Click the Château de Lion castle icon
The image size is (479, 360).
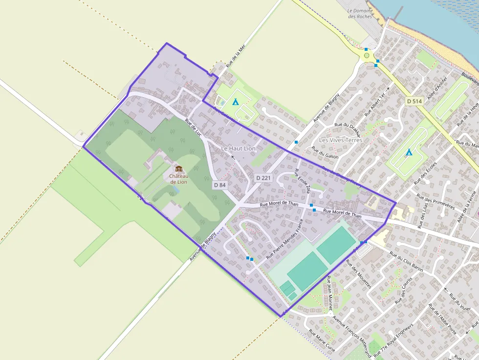(x=178, y=169)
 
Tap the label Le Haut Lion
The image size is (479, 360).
(x=238, y=148)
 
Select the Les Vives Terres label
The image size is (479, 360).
(x=341, y=140)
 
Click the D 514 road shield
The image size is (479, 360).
(x=414, y=101)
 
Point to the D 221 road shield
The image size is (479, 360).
(x=263, y=178)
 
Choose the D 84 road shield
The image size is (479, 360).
(x=219, y=185)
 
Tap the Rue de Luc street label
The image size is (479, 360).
(x=194, y=127)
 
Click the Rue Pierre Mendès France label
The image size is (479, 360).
(x=284, y=239)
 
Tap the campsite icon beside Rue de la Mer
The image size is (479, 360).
(x=235, y=102)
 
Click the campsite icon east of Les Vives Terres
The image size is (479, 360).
(x=409, y=152)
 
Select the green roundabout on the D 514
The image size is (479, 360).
(x=367, y=56)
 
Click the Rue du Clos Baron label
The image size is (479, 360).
(x=406, y=263)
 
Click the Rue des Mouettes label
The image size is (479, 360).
(x=358, y=274)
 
